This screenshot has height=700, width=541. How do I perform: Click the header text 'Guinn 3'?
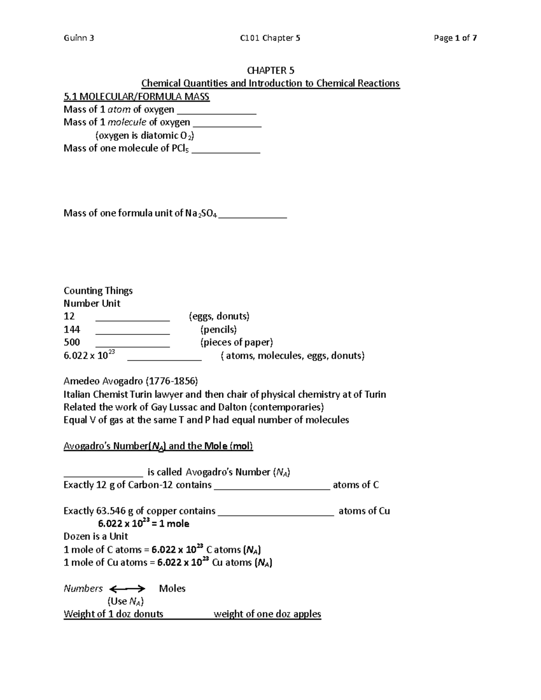(x=79, y=38)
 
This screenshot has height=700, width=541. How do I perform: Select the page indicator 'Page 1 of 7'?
(x=455, y=38)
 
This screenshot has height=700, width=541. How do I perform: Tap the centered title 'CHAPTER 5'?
(x=270, y=70)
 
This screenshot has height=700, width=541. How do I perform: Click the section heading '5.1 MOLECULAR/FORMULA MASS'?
(x=136, y=96)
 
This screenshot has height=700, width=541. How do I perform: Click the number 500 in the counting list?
(x=72, y=343)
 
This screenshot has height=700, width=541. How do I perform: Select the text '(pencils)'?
(x=218, y=329)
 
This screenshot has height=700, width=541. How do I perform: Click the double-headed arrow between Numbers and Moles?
(x=128, y=589)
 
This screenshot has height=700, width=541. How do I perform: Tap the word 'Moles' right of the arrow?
(x=172, y=589)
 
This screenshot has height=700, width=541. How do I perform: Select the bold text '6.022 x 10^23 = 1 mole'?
(x=143, y=524)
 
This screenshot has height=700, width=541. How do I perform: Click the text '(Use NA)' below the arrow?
(x=125, y=601)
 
